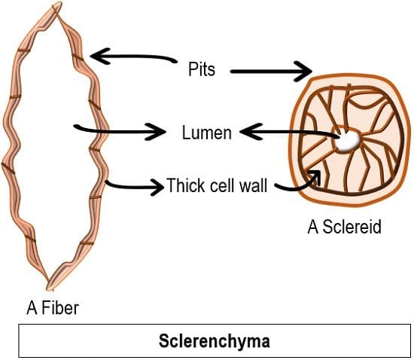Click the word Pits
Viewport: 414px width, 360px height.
202,69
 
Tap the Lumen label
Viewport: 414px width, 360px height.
207,133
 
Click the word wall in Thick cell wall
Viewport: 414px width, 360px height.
254,185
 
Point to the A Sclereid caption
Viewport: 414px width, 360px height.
344,227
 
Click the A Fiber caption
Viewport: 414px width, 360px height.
53,308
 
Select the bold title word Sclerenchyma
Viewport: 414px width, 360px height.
214,341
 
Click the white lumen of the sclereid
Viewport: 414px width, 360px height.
348,142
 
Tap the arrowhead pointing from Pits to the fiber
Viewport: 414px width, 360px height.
100,56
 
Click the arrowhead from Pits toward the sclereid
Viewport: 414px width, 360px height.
303,72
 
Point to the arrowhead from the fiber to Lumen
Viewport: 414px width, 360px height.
157,132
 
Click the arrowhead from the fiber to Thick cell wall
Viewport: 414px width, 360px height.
157,187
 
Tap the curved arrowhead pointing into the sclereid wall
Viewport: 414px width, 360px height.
315,176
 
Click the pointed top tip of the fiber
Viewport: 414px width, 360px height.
59,3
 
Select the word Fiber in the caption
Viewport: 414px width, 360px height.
60,308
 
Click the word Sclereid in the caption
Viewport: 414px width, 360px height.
352,227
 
